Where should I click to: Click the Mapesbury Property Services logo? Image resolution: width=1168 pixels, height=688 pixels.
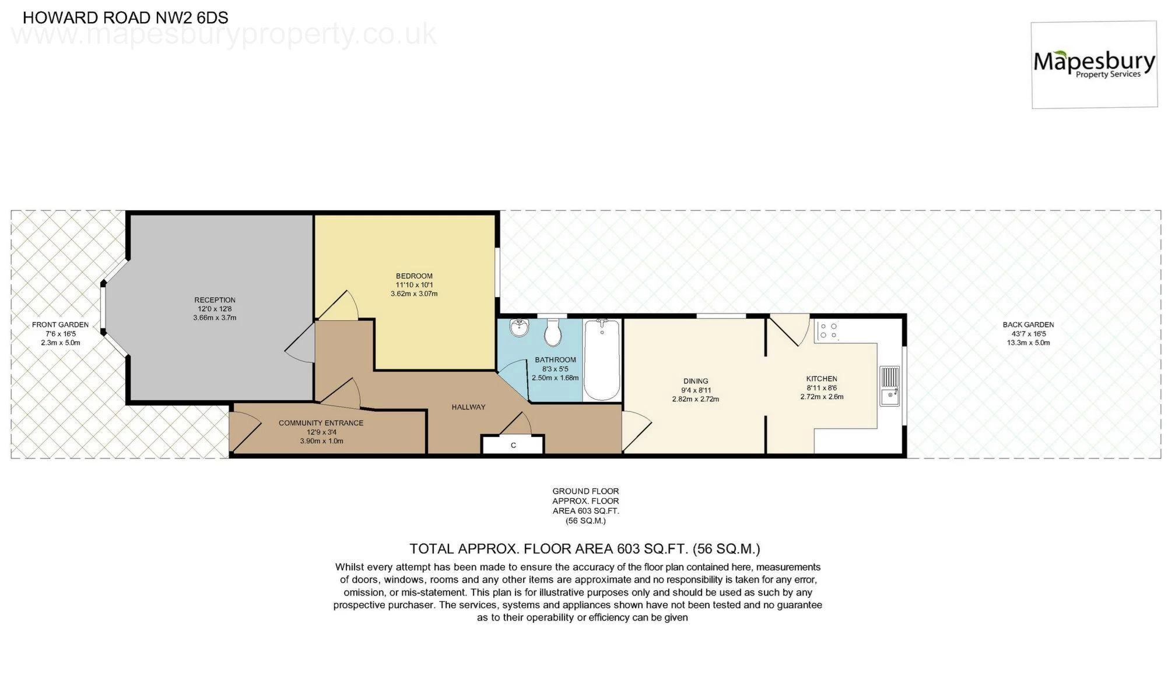coord(1094,65)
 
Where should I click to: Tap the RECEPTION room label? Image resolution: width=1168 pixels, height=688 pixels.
coord(215,300)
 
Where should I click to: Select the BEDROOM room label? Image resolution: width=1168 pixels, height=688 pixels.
coord(414,276)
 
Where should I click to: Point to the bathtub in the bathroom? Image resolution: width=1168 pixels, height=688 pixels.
coord(602,359)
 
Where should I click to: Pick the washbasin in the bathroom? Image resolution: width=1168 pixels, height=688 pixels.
coord(518,329)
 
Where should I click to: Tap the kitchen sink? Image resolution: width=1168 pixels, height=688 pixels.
coord(890,386)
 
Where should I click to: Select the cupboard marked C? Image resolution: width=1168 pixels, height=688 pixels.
coord(513,445)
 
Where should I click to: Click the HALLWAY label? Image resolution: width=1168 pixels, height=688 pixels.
coord(468,407)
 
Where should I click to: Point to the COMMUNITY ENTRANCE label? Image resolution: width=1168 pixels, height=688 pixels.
coord(321,423)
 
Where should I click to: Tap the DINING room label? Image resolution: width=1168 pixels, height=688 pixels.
coord(696,382)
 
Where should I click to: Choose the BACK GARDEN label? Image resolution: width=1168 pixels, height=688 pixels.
coord(1028,324)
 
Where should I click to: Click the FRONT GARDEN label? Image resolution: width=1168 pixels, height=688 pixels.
coord(60,325)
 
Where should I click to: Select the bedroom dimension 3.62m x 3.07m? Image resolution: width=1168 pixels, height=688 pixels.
coord(414,294)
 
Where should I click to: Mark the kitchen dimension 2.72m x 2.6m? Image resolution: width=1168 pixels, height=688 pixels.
coord(822,397)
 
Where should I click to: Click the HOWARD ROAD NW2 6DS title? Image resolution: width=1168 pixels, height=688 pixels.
coord(125,17)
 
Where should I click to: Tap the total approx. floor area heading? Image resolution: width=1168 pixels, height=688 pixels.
coord(585,549)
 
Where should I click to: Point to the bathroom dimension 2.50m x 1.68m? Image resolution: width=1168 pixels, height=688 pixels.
coord(555,377)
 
